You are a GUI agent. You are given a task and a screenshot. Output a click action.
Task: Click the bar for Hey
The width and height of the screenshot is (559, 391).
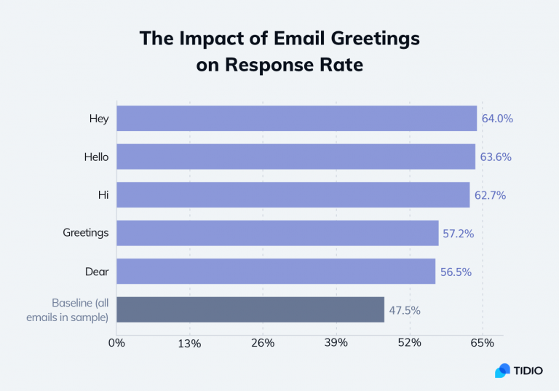[x=296, y=119]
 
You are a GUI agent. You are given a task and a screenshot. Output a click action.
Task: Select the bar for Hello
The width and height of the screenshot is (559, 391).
[x=296, y=157]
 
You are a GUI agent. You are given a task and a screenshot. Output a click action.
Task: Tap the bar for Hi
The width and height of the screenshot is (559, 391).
[x=293, y=195]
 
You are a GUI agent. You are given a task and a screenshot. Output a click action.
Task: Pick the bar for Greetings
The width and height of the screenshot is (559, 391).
[x=277, y=233]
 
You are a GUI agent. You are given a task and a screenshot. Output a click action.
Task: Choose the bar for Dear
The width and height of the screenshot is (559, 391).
[x=276, y=272]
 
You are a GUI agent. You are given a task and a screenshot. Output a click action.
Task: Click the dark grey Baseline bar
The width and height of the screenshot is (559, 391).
[x=250, y=309]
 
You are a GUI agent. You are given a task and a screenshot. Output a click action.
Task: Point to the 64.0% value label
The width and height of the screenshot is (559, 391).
[x=497, y=119]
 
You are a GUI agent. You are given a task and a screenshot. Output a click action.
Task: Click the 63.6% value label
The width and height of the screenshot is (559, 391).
[x=495, y=157]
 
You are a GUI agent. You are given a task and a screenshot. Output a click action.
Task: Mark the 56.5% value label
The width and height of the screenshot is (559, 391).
[x=456, y=272]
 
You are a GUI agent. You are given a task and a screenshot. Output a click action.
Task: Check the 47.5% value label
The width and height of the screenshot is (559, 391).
[x=404, y=309]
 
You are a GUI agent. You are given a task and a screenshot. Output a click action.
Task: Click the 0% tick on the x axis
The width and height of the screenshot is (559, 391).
[x=116, y=342]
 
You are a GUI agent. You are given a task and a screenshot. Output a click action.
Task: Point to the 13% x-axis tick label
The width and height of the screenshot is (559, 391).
[x=189, y=342]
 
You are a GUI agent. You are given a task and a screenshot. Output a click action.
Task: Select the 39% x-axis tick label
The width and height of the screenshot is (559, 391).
[x=336, y=342]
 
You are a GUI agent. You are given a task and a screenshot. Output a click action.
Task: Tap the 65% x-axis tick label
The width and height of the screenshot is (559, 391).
[x=482, y=342]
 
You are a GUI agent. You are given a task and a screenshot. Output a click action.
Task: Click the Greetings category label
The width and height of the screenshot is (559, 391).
[x=86, y=233]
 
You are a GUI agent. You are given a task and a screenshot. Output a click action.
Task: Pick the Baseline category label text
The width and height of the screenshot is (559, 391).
[x=80, y=309]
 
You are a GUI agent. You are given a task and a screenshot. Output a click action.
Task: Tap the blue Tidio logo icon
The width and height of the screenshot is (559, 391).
[x=502, y=371]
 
